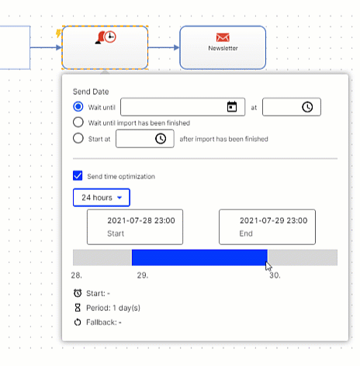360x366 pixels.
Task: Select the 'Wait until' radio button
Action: pyautogui.click(x=78, y=106)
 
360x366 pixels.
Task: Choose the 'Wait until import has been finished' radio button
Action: pyautogui.click(x=78, y=123)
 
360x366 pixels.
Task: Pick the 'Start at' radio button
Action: pyautogui.click(x=78, y=138)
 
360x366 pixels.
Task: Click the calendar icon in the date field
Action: pyautogui.click(x=232, y=107)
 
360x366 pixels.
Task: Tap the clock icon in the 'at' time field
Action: pyautogui.click(x=307, y=107)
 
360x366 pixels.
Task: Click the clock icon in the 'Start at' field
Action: pyautogui.click(x=161, y=139)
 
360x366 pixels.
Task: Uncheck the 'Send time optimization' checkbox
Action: pyautogui.click(x=78, y=175)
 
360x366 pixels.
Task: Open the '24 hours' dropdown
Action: pyautogui.click(x=102, y=198)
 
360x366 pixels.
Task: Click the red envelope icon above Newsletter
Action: pyautogui.click(x=223, y=37)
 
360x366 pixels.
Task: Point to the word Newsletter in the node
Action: pyautogui.click(x=223, y=48)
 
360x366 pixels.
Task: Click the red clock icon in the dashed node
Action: pyautogui.click(x=110, y=36)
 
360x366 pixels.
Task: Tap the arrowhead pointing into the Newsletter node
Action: pyautogui.click(x=177, y=47)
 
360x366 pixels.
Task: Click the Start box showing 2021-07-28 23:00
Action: pyautogui.click(x=135, y=227)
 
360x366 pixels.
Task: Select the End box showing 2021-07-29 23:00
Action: pyautogui.click(x=267, y=227)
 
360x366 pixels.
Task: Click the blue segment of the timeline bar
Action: pyautogui.click(x=199, y=257)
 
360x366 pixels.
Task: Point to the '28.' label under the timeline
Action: pyautogui.click(x=77, y=275)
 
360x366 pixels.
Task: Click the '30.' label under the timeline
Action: pyautogui.click(x=275, y=275)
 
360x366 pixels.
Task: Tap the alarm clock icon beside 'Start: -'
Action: pyautogui.click(x=78, y=293)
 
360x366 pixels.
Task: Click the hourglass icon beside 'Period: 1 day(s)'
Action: pyautogui.click(x=78, y=308)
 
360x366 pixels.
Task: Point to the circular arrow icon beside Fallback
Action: pyautogui.click(x=78, y=322)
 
